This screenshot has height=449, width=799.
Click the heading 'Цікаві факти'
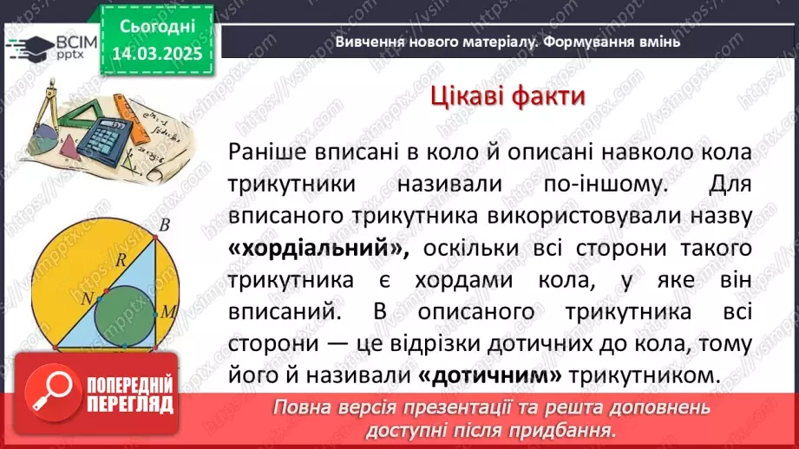507,96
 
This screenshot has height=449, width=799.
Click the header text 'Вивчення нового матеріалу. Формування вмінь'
507,41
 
